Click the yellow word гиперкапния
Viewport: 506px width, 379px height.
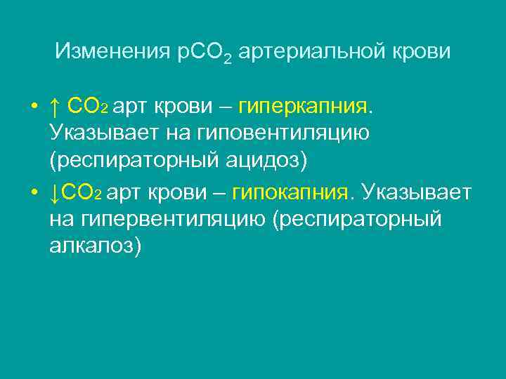pyautogui.click(x=302, y=107)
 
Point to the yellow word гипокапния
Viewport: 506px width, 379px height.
pyautogui.click(x=290, y=192)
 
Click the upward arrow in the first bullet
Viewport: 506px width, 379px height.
pyautogui.click(x=54, y=107)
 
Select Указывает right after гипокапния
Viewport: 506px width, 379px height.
pyautogui.click(x=415, y=192)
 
